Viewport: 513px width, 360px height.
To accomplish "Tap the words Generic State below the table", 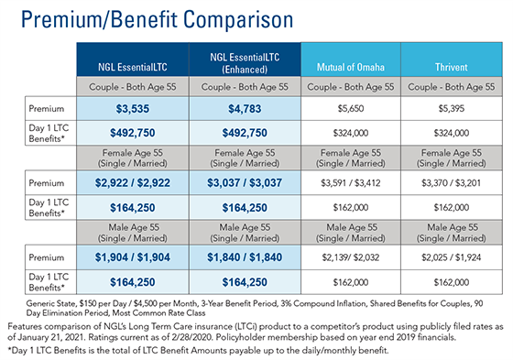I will click(39, 301).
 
